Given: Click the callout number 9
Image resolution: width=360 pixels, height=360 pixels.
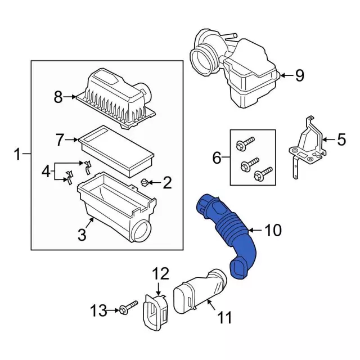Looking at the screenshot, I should [x=300, y=75].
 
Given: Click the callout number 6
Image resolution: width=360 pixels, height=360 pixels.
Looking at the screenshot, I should [x=217, y=159].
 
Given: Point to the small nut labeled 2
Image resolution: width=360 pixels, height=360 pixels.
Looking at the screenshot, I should [x=145, y=182].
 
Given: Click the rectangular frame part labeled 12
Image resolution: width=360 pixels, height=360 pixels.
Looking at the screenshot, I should [x=156, y=313].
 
